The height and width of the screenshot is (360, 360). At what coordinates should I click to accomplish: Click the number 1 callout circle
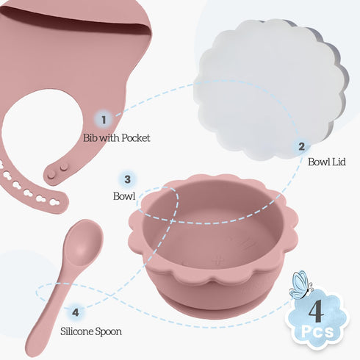104,120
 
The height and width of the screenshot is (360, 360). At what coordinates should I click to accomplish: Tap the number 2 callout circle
302,146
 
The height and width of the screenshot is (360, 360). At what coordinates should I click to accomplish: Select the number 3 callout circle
127,179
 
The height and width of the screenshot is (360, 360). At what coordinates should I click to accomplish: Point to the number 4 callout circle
76,312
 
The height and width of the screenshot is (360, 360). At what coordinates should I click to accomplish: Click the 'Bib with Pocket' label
116,138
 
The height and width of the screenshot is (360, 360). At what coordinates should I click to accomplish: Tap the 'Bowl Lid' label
327,162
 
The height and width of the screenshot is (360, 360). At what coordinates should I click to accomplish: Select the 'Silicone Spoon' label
91,331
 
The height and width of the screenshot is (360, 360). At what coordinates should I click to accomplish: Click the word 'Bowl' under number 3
124,196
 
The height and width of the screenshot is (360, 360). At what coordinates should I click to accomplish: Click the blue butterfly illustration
300,285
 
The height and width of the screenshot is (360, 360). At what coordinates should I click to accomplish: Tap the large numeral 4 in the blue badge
316,311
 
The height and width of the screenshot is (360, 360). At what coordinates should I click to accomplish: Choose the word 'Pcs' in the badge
317,331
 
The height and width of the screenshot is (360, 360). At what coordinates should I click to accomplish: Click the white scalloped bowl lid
270,89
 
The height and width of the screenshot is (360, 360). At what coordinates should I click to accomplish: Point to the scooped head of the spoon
84,242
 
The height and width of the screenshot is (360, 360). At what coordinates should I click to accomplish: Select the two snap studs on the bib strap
58,171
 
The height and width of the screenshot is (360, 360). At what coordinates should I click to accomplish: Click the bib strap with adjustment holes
32,190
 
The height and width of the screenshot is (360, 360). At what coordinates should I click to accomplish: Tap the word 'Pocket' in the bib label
136,138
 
